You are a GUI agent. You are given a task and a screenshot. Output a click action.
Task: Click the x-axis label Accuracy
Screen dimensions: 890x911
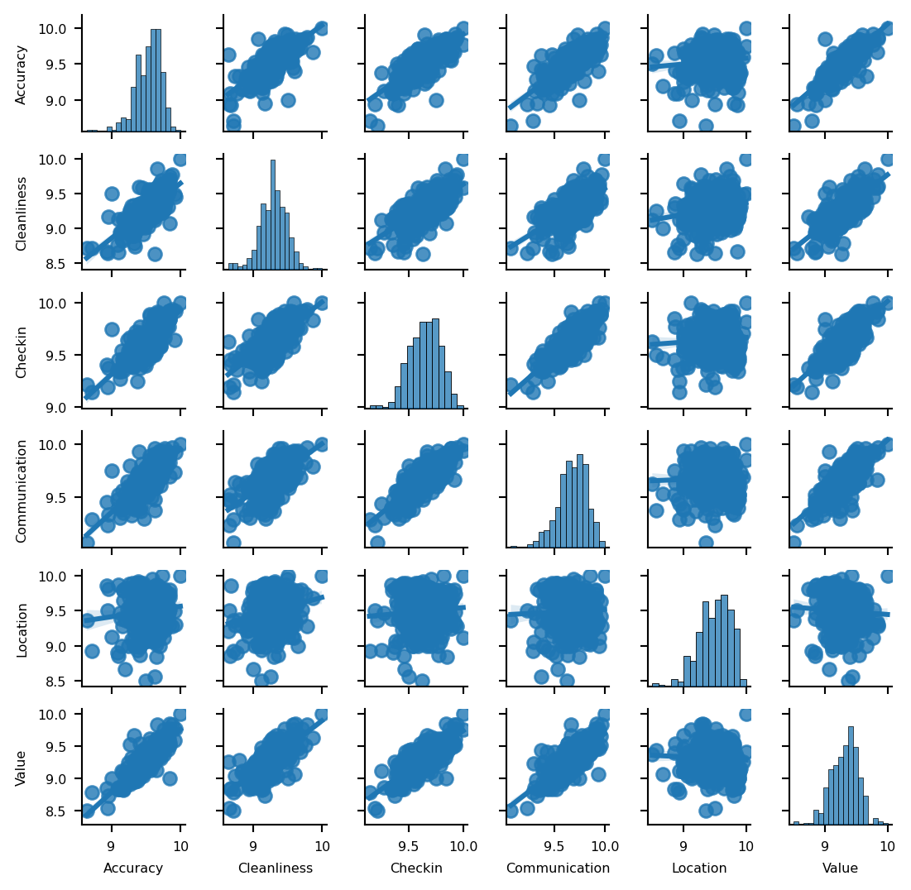133,868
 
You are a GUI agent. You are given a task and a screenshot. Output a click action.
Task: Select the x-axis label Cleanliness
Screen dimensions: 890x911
275,868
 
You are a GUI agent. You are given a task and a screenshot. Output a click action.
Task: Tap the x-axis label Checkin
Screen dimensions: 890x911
416,868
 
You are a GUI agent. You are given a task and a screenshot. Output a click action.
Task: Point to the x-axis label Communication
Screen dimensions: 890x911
558,868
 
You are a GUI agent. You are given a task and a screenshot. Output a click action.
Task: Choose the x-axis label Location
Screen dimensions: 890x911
699,868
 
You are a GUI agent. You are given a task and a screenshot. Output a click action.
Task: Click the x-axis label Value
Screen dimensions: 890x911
840,868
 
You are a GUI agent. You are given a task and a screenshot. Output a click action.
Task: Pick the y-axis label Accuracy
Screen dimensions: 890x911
22,74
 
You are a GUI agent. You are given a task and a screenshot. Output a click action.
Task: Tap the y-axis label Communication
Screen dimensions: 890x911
22,490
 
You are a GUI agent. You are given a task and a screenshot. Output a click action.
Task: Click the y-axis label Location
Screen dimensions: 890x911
22,630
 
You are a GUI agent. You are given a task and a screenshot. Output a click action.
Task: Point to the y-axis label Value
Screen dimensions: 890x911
22,768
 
